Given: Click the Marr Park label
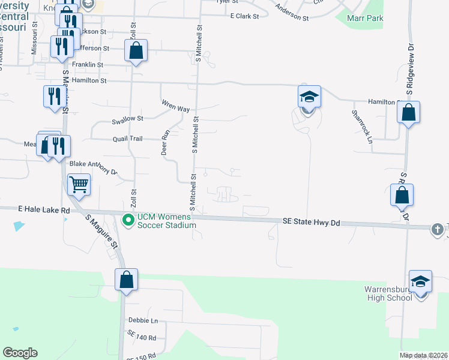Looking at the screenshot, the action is tap(365, 18).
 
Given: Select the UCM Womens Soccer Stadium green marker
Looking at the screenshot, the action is tap(128, 221).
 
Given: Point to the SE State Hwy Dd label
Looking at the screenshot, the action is tap(311, 223).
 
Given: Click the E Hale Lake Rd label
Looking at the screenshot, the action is tap(44, 211).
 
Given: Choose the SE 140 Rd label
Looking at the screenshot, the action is tap(142, 337).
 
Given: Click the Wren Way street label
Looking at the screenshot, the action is tap(175, 106).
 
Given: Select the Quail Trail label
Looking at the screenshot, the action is tap(127, 139).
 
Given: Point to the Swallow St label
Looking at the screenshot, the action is tap(127, 120).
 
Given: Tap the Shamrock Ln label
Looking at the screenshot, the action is tap(362, 125).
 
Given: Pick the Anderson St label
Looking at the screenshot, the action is tap(292, 13).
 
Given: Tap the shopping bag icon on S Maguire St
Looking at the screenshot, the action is tap(126, 280).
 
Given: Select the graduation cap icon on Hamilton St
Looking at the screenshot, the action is tap(310, 97).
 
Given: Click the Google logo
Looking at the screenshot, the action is tap(20, 353).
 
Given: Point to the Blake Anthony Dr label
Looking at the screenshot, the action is tap(93, 167).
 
